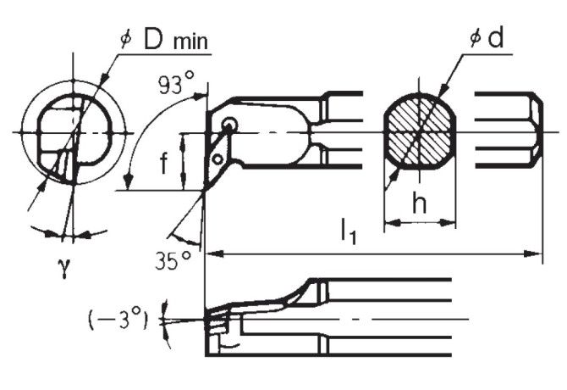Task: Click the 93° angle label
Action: pos(177,82)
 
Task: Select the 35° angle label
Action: pos(173,260)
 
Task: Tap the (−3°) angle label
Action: pos(118,319)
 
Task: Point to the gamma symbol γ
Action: pos(64,268)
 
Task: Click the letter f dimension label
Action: pos(164,163)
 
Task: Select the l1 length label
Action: pos(349,231)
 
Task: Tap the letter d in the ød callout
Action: pos(495,37)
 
